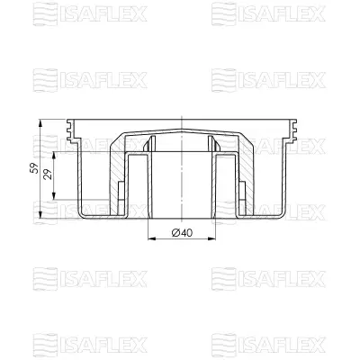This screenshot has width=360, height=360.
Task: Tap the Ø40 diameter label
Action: click(182, 233)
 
